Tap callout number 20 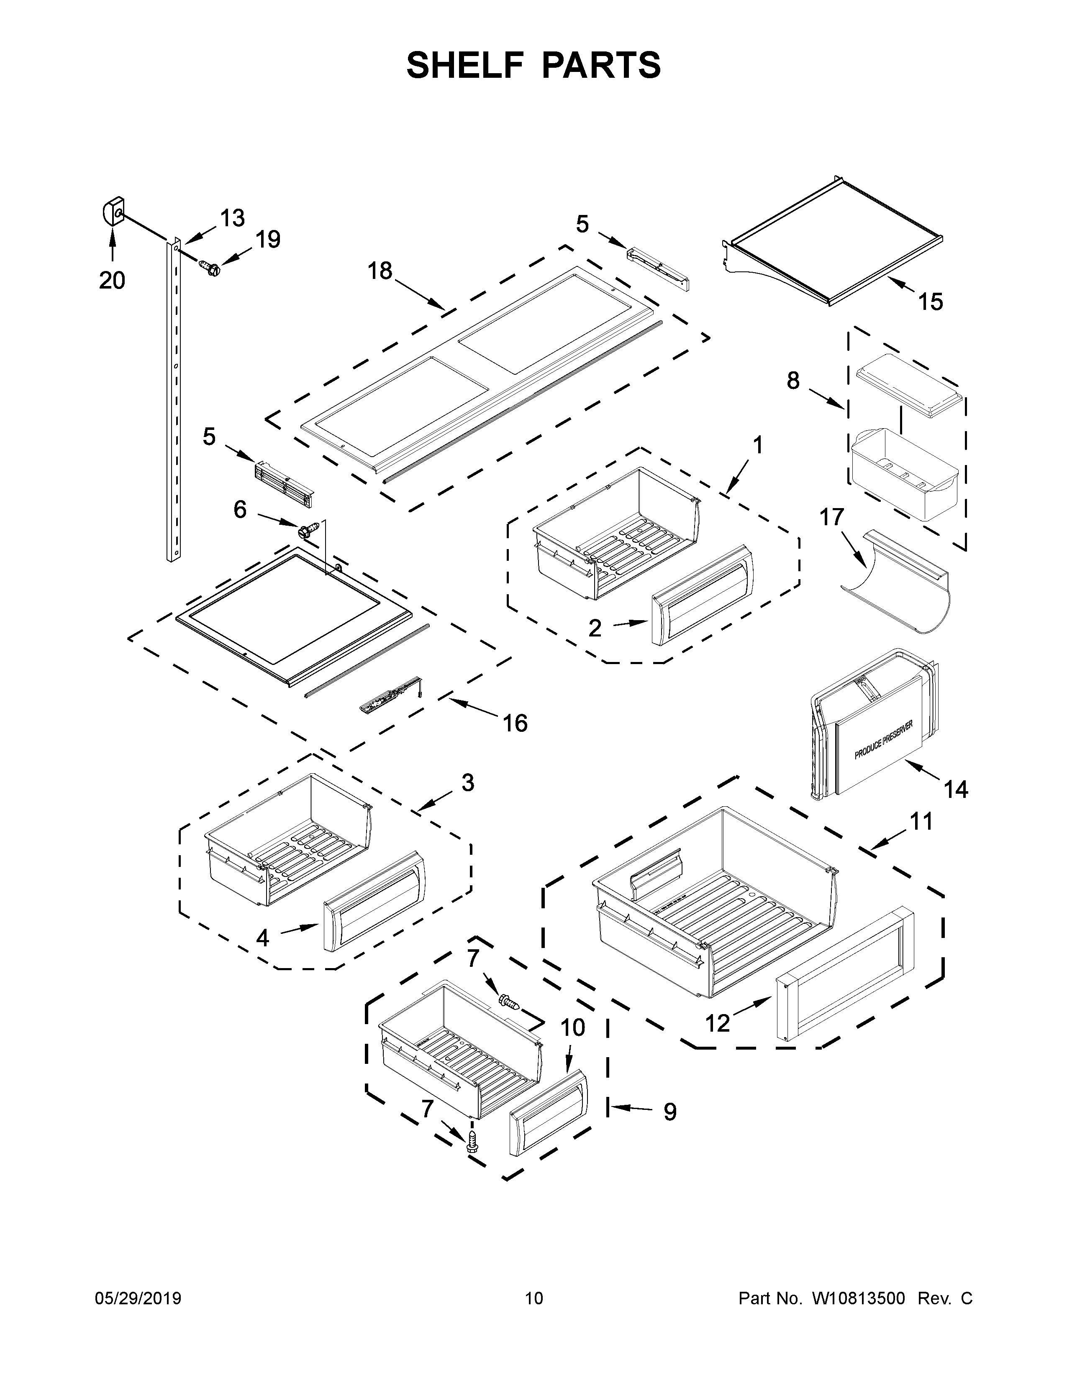point(112,279)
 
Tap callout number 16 point(515,722)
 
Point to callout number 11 point(921,821)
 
